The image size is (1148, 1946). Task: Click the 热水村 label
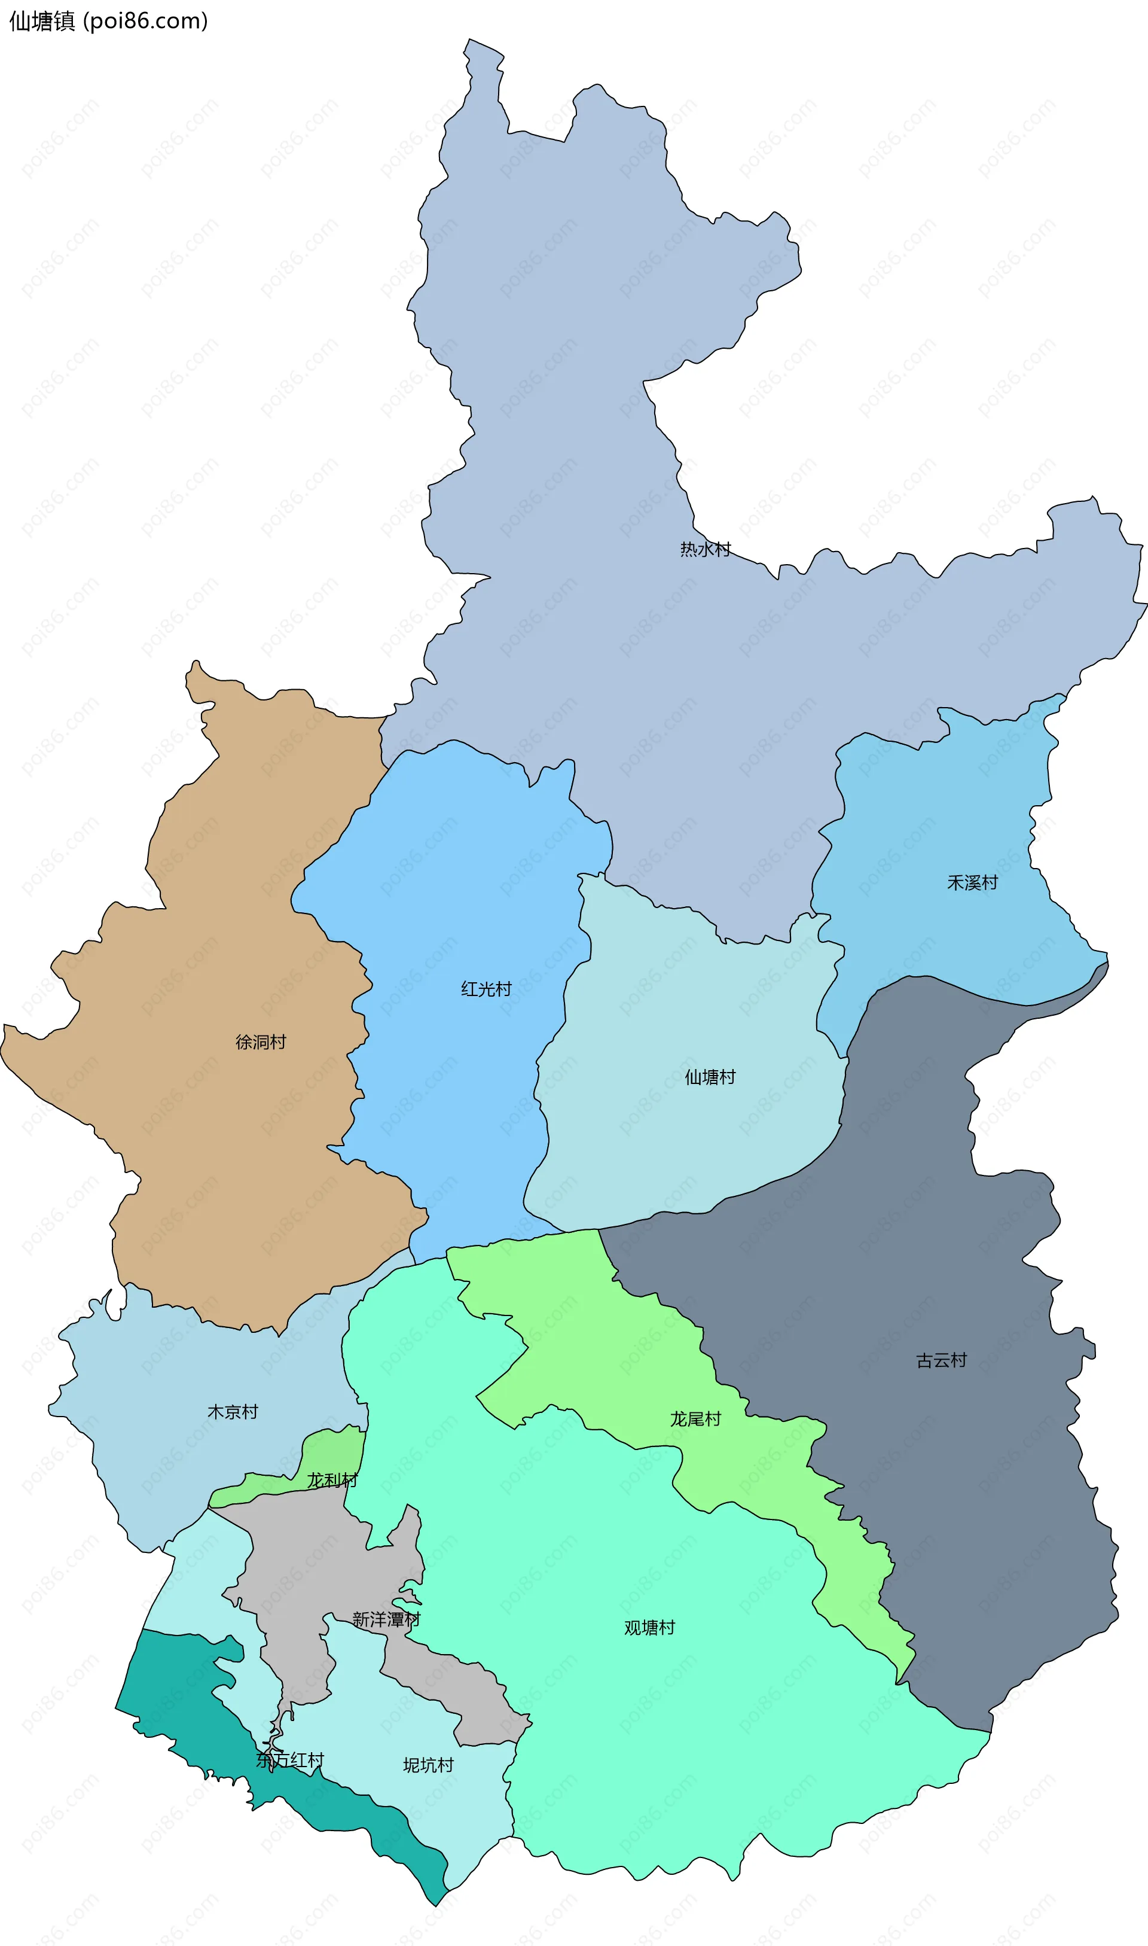705,549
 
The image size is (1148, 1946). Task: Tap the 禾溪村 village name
972,883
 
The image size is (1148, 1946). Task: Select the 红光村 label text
486,989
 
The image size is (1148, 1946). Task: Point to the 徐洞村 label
261,1042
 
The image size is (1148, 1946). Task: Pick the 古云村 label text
942,1360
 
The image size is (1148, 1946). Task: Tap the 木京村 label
232,1412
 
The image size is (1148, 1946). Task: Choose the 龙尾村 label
695,1419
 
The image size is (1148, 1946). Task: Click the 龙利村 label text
332,1480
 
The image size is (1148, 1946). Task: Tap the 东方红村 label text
290,1761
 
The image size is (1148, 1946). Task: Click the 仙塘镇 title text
42,21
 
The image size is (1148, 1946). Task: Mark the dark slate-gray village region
967,1238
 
